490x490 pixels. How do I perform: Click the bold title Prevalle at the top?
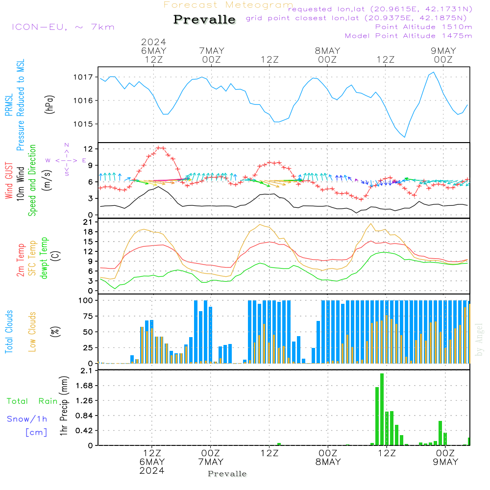click(x=204, y=20)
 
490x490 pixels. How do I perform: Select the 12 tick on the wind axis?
click(x=89, y=148)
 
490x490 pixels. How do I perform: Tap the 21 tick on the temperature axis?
click(x=89, y=222)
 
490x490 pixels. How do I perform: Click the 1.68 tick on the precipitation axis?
click(x=86, y=386)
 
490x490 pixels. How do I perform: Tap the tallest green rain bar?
click(x=382, y=409)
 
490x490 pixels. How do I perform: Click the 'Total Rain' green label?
click(x=32, y=401)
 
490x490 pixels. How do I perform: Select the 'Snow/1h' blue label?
click(x=27, y=419)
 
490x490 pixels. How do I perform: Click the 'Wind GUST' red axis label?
click(x=9, y=182)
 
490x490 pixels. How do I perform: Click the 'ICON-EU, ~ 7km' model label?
click(x=63, y=27)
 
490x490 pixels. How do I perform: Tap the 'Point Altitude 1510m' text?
click(x=423, y=26)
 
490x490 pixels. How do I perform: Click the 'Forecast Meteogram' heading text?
click(x=228, y=5)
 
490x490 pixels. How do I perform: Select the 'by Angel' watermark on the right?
click(x=480, y=340)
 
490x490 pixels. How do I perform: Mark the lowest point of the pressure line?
click(x=405, y=137)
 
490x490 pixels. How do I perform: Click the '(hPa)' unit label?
click(x=49, y=104)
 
